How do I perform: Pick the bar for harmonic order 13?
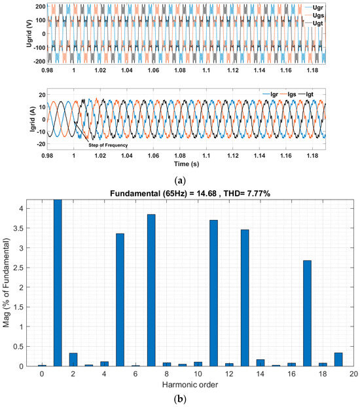point(245,298)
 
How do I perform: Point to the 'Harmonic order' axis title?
point(191,384)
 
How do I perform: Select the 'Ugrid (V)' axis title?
point(8,33)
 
